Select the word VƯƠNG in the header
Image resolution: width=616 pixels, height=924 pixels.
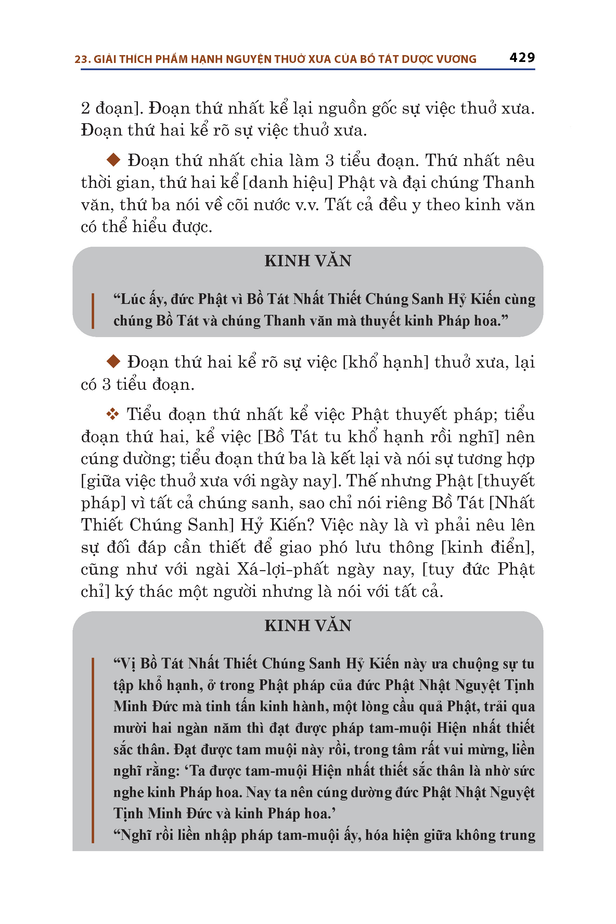(x=457, y=59)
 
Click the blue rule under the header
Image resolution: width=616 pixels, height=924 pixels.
(x=308, y=69)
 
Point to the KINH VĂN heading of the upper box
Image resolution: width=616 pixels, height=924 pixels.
(x=308, y=261)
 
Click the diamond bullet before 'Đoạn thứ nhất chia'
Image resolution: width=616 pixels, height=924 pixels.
(x=114, y=160)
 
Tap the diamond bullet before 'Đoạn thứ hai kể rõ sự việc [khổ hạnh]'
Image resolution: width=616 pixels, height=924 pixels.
(x=114, y=361)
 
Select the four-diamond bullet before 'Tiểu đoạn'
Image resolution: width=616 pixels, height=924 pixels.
(x=113, y=414)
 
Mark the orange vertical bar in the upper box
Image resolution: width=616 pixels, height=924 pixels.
(x=93, y=311)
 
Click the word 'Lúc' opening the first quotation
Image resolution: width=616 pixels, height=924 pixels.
(x=133, y=299)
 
